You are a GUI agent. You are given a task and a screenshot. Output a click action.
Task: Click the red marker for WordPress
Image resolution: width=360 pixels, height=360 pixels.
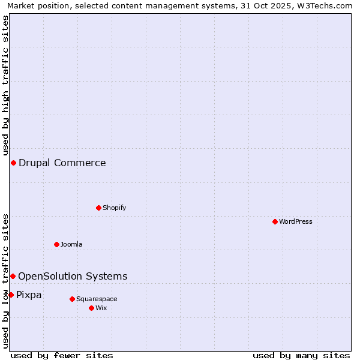(x=275, y=221)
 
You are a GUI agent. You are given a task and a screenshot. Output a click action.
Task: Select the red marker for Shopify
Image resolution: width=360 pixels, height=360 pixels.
(x=98, y=208)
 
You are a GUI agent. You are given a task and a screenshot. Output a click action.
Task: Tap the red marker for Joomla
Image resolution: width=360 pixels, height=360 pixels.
(x=56, y=244)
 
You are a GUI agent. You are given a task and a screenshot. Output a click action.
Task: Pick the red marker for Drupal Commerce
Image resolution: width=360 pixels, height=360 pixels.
(x=13, y=163)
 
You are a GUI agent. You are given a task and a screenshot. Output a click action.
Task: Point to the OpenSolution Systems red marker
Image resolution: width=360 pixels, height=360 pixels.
(x=13, y=276)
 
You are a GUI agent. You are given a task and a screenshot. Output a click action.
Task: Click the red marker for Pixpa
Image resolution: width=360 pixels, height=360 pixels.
(x=11, y=295)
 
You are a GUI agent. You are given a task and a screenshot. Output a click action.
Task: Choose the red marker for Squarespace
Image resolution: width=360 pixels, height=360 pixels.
(x=72, y=299)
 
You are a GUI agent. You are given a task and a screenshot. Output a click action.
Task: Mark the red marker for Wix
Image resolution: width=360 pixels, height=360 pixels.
(x=91, y=308)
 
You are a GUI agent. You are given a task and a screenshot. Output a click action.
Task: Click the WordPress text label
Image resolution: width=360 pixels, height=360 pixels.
(x=296, y=221)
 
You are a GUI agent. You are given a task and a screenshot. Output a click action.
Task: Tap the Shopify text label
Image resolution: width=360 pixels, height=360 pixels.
(x=114, y=208)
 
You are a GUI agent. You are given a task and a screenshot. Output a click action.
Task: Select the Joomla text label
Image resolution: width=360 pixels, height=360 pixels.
(x=71, y=244)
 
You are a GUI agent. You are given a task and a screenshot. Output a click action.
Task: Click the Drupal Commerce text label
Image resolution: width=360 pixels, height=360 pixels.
(x=62, y=163)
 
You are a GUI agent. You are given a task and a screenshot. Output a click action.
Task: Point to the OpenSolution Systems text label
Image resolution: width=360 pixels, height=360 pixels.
(x=73, y=276)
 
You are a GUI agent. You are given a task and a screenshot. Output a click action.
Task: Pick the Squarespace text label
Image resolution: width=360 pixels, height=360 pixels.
(x=97, y=299)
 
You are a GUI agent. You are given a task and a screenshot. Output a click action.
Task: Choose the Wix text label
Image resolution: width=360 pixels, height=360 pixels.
(x=101, y=308)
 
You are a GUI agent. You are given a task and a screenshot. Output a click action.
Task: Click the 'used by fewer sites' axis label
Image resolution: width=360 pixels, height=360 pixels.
(x=62, y=355)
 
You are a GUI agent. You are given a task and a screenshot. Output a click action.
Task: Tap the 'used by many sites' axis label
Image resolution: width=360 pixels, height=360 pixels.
(x=301, y=355)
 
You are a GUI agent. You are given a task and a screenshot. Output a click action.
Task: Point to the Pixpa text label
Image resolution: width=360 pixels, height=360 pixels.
(x=29, y=295)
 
